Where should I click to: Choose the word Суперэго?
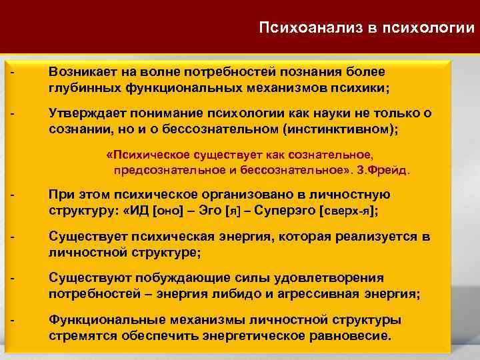tap(285, 211)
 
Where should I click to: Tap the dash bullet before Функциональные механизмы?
tap(12, 319)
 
